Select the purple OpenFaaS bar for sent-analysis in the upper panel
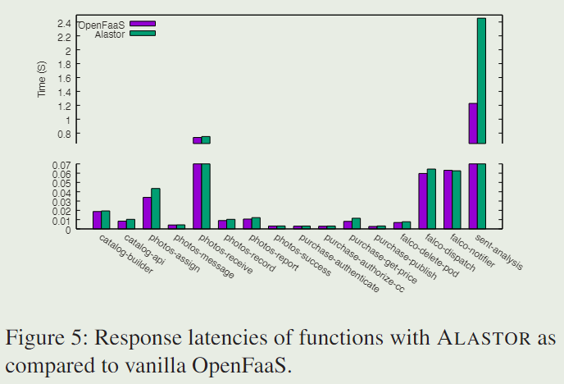click(x=473, y=123)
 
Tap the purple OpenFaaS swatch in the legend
click(x=143, y=24)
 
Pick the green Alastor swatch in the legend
click(x=143, y=34)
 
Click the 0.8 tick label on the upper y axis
click(x=63, y=133)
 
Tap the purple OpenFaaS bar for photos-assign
click(x=148, y=213)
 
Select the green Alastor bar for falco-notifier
click(x=457, y=199)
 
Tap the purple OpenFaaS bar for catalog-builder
click(x=98, y=220)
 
